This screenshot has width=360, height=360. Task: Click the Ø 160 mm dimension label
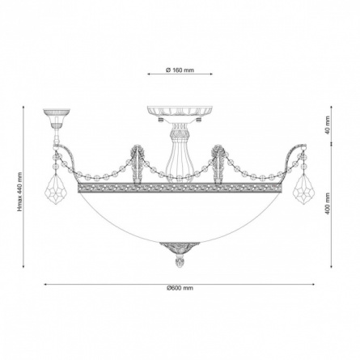pyautogui.click(x=180, y=70)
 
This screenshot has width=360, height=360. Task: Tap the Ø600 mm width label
pyautogui.click(x=180, y=288)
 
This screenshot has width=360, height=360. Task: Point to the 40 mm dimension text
pyautogui.click(x=328, y=125)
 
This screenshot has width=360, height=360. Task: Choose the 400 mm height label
pyautogui.click(x=328, y=203)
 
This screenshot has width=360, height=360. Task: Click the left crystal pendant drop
pyautogui.click(x=55, y=189)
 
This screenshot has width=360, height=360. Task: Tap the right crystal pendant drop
pyautogui.click(x=304, y=189)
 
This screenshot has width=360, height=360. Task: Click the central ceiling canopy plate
pyautogui.click(x=180, y=112)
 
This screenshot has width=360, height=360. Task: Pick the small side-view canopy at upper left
pyautogui.click(x=57, y=119)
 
